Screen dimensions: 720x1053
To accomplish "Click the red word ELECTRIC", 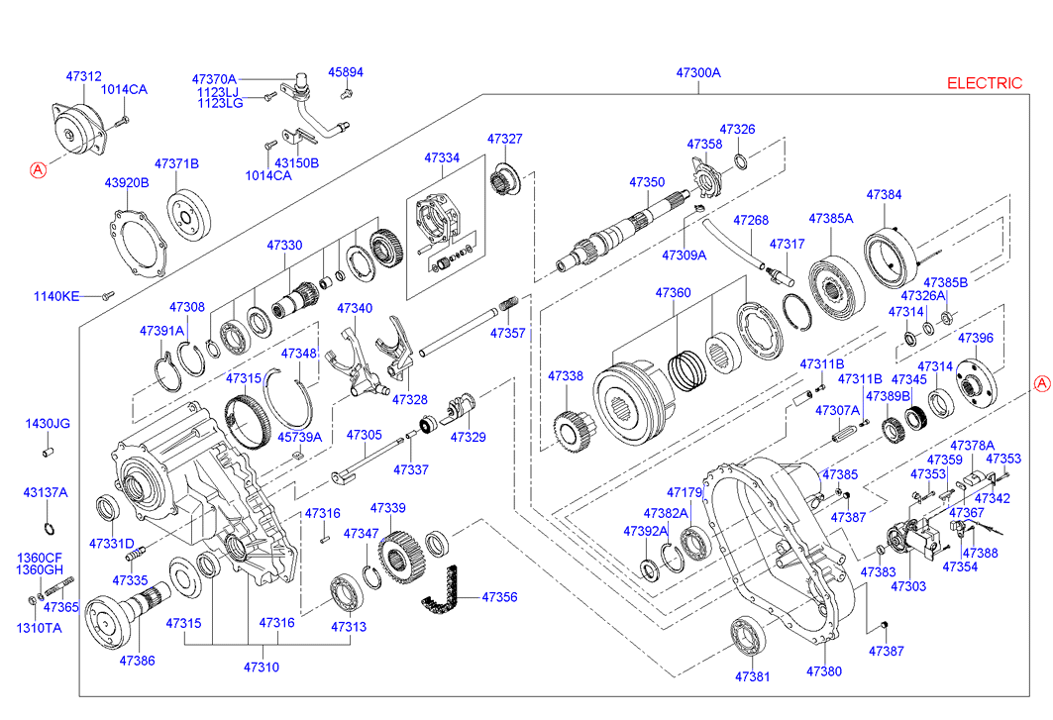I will click(x=984, y=83).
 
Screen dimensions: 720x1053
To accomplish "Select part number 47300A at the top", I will click(x=698, y=73).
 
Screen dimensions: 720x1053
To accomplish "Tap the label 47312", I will click(x=83, y=76).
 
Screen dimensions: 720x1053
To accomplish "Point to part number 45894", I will click(x=346, y=72).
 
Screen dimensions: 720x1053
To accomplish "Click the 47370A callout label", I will click(x=215, y=78).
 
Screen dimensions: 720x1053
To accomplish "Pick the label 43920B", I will click(x=127, y=182).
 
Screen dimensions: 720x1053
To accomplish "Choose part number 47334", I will click(x=442, y=157).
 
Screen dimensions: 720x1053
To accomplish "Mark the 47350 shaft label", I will click(x=647, y=182).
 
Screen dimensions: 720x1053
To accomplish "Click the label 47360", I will click(x=673, y=293).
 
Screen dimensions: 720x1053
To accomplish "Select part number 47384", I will click(x=884, y=195).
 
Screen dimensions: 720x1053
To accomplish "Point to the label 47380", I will click(x=823, y=671).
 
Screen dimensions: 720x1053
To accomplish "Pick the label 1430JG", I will click(x=48, y=424).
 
